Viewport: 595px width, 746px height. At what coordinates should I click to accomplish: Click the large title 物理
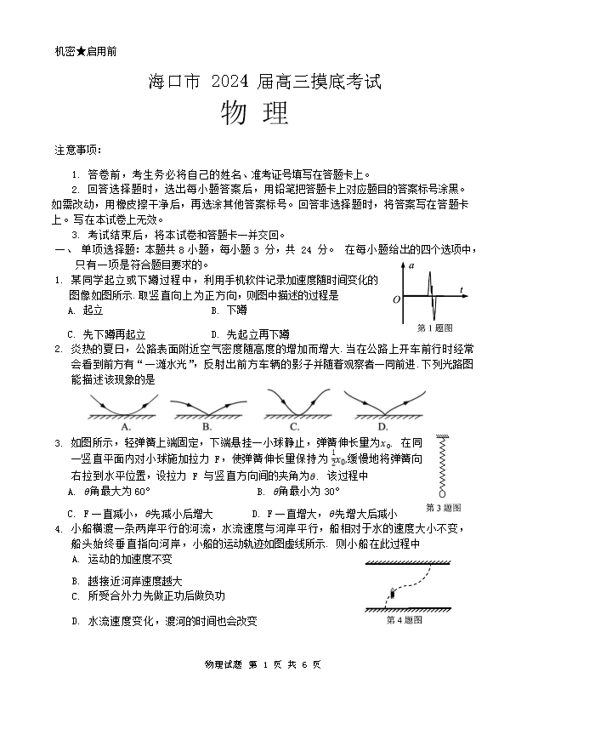[x=254, y=113]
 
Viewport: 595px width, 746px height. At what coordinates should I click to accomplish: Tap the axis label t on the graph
[x=461, y=290]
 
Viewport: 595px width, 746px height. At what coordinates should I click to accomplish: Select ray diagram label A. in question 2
[x=126, y=426]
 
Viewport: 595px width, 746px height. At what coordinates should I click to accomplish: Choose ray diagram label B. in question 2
[x=207, y=426]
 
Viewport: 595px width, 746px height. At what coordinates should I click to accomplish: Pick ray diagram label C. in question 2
[x=294, y=426]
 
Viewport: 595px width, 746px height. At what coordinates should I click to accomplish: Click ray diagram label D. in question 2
[x=382, y=426]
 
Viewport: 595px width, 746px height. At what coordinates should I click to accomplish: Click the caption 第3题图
[x=443, y=508]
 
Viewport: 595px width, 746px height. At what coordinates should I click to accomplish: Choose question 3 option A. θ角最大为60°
[x=111, y=492]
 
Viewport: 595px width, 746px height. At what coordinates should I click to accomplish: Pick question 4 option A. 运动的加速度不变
[x=122, y=559]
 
